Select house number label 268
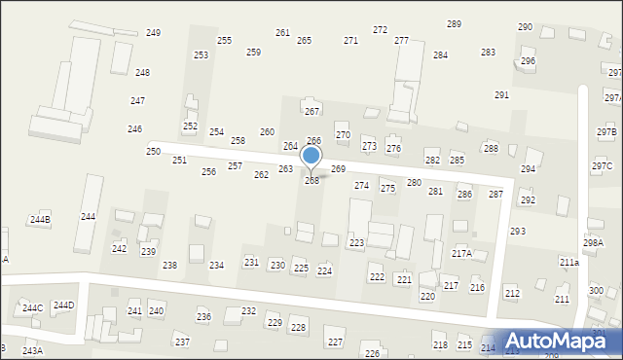pyautogui.click(x=311, y=181)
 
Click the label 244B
pyautogui.click(x=40, y=220)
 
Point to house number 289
pyautogui.click(x=454, y=23)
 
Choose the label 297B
pyautogui.click(x=606, y=131)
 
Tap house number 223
pyautogui.click(x=356, y=242)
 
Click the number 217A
pyautogui.click(x=461, y=254)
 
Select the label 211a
pyautogui.click(x=568, y=263)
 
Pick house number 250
pyautogui.click(x=154, y=152)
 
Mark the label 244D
pyautogui.click(x=63, y=306)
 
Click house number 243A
pyautogui.click(x=32, y=350)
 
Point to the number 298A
pyautogui.click(x=593, y=243)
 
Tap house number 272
pyautogui.click(x=380, y=30)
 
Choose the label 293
pyautogui.click(x=518, y=232)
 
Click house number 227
pyautogui.click(x=335, y=342)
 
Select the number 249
pyautogui.click(x=153, y=33)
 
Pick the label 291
pyautogui.click(x=501, y=95)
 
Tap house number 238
pyautogui.click(x=169, y=266)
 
